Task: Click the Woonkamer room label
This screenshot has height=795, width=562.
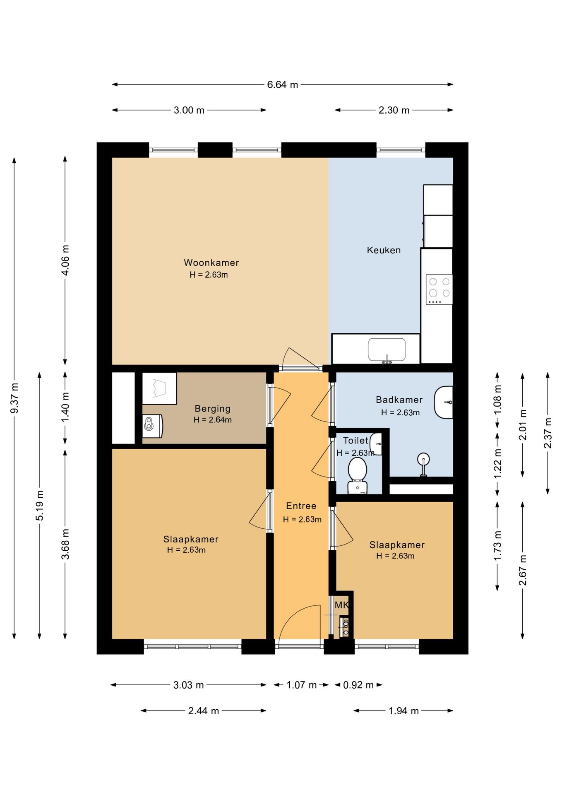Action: (211, 263)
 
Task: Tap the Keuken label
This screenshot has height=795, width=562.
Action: (384, 250)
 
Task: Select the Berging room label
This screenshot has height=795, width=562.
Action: (212, 409)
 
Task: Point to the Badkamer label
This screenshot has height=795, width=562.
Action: (399, 400)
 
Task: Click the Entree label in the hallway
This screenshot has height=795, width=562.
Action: (301, 506)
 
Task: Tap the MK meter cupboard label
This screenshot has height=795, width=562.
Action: (342, 605)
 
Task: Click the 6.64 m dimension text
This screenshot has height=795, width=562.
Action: (282, 84)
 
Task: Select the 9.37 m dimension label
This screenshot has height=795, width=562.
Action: (14, 398)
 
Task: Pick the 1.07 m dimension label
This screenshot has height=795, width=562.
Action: (301, 685)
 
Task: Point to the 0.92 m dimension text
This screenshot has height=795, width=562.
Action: (358, 685)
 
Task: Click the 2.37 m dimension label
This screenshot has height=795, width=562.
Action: (548, 433)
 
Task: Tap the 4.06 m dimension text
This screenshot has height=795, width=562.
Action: (65, 260)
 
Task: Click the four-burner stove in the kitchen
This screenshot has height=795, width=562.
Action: (439, 289)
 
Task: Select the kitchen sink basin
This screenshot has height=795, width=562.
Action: (387, 350)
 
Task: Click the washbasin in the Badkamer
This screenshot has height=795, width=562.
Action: (443, 402)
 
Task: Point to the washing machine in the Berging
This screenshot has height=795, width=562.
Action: (152, 426)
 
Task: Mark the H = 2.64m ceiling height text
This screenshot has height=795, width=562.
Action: (212, 419)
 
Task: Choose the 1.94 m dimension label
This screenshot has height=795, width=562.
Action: (403, 711)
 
